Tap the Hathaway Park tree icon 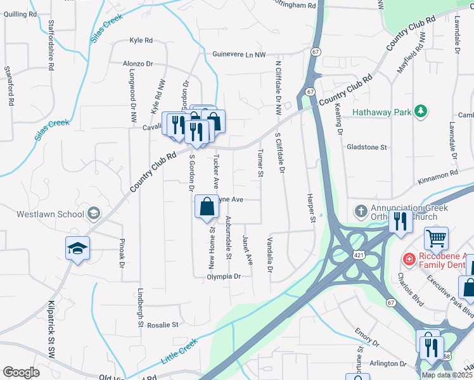tap(420, 112)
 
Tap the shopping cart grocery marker tap(436, 238)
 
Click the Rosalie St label tap(163, 325)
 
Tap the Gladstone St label tap(366, 147)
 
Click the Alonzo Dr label tap(138, 64)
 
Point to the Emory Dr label tap(366, 343)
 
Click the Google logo tap(21, 372)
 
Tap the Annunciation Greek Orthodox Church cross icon tap(361, 210)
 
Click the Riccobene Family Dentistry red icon tap(409, 260)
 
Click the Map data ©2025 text tap(446, 375)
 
